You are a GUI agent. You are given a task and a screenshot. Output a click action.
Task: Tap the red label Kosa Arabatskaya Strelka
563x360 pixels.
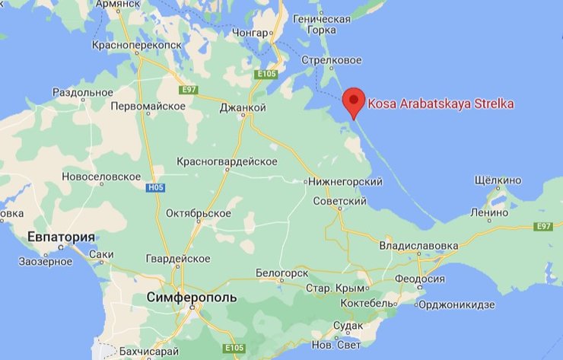(x=441, y=104)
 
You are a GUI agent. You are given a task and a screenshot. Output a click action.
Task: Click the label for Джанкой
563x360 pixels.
(x=242, y=108)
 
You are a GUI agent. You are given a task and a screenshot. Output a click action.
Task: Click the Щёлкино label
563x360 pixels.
(x=498, y=180)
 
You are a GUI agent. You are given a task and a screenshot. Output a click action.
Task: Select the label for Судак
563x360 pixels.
(x=348, y=326)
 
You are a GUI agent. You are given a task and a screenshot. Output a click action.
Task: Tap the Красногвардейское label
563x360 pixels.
(x=226, y=161)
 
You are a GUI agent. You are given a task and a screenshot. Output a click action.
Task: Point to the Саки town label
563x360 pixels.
(x=100, y=254)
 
